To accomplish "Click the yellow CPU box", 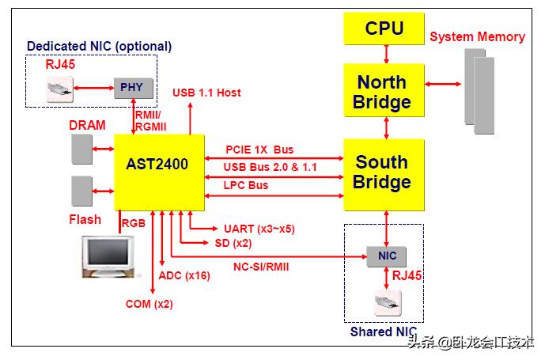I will [x=384, y=29].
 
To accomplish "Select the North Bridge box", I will [x=384, y=92].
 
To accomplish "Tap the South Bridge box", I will [x=384, y=172].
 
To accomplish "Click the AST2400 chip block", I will [x=158, y=165].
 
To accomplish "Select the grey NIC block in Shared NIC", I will [x=388, y=256].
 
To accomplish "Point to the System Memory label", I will [x=477, y=37].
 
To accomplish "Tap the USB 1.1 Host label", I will [x=206, y=93].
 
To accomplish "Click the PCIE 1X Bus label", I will [x=259, y=149].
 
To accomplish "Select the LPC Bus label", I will [x=247, y=185].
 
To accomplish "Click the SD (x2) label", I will [x=233, y=242].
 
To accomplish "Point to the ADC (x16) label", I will [x=184, y=275].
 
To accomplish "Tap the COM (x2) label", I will [x=149, y=304].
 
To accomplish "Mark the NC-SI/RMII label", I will [x=261, y=267].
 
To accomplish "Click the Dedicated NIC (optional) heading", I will [x=99, y=46].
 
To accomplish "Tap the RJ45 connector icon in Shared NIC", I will [x=387, y=301].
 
